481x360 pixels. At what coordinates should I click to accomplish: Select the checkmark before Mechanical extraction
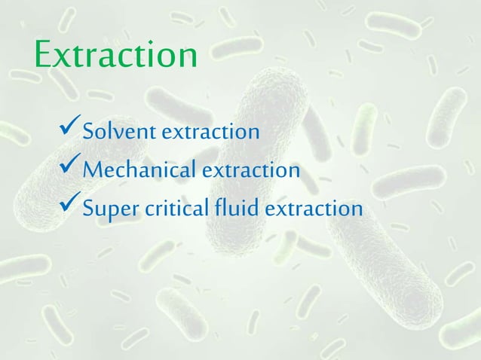69,170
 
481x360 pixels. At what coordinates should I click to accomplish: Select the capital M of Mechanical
94,171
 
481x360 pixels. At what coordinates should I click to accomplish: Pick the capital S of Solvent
88,133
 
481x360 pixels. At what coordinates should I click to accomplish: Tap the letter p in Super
111,211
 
